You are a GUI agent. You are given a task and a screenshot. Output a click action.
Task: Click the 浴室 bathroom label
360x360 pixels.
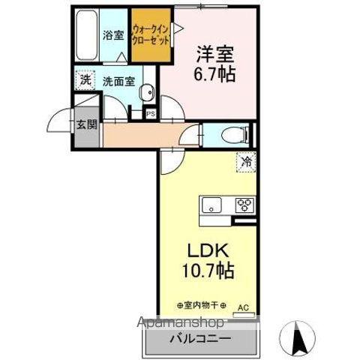pyautogui.click(x=113, y=34)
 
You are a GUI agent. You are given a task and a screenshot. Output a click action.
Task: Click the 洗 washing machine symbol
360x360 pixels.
pyautogui.click(x=86, y=79)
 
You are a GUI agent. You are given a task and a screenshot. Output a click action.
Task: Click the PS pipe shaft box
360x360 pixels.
pyautogui.click(x=151, y=114)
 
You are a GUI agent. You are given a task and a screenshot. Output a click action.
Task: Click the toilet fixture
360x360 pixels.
pyautogui.click(x=234, y=135)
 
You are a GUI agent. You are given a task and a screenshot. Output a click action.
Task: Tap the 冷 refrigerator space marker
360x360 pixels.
pyautogui.click(x=245, y=160)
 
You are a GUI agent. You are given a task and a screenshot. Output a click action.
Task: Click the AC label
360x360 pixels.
pyautogui.click(x=242, y=307)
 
